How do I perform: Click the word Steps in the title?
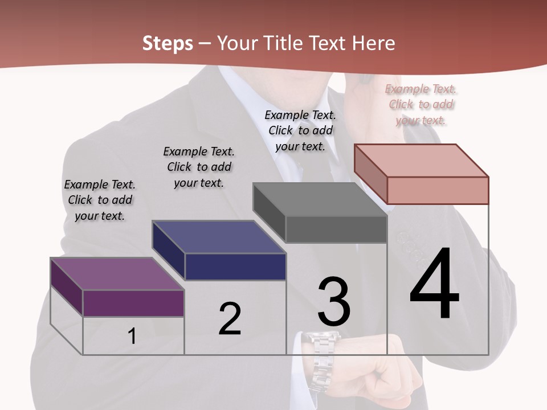coord(168,43)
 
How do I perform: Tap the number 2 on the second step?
coord(230,318)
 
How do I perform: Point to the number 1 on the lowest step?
coord(132,336)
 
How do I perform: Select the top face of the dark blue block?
coord(219,237)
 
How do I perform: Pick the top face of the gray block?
coord(320,199)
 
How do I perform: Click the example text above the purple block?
coord(100,200)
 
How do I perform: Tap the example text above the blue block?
coord(199,167)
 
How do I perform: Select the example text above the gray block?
coord(300,130)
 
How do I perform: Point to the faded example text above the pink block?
coord(421,104)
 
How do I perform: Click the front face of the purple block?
coord(133,303)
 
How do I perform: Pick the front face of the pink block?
coord(438,190)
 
